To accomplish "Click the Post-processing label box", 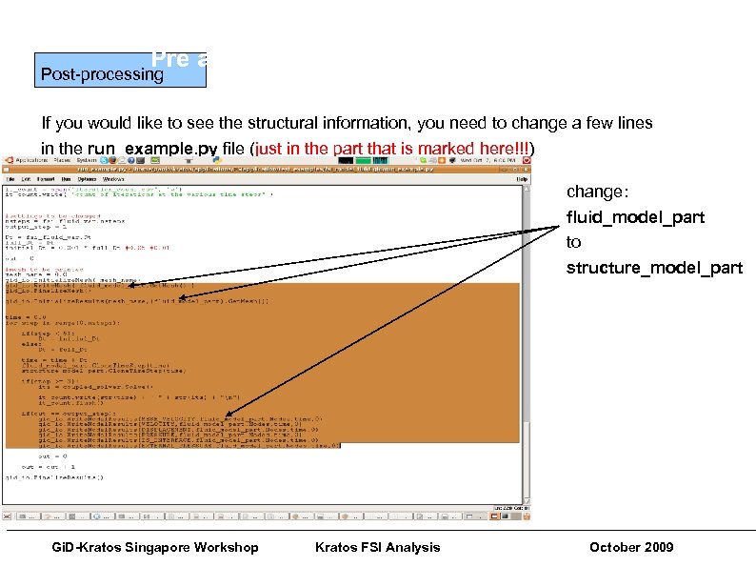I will [99, 72].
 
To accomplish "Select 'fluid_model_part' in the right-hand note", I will [635, 216].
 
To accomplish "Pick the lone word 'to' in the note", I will [573, 242].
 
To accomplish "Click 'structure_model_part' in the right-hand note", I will [654, 268].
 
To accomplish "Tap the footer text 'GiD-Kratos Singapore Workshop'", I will [154, 547].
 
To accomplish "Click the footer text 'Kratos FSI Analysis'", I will [377, 547].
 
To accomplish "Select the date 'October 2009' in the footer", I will [631, 547].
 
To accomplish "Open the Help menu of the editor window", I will [522, 178].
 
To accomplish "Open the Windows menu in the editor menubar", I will [114, 178].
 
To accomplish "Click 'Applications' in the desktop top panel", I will [23, 161].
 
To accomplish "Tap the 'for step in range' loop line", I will [57, 325].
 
